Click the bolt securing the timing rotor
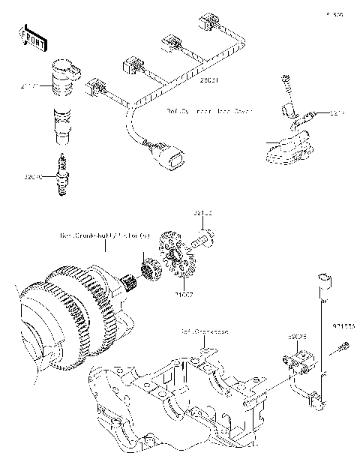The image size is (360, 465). (x=202, y=241)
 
